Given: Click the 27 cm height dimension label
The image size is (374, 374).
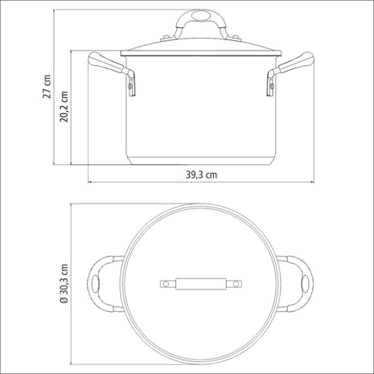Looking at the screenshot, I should click(47, 86).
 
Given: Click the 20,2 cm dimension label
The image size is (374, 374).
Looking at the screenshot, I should click(64, 104).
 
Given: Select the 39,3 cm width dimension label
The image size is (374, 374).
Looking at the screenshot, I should click(199, 172).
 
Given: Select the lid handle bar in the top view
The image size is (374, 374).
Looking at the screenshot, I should click(199, 283).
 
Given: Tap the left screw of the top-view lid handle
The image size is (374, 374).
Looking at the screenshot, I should click(165, 283).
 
